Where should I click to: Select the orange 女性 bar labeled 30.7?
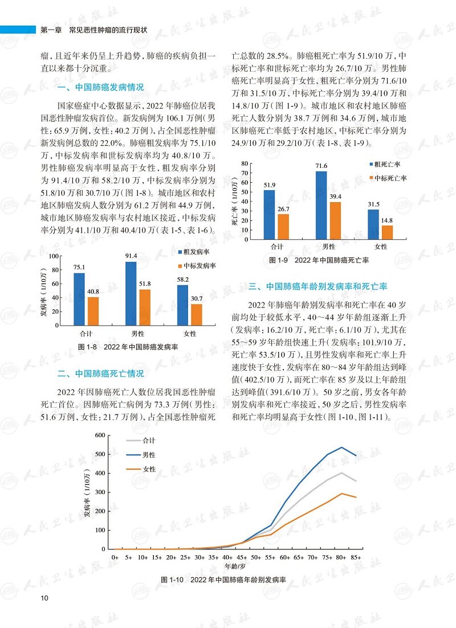click(196, 315)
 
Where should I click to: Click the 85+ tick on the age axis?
click(356, 557)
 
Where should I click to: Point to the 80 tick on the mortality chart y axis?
click(245, 163)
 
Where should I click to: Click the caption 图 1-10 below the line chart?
click(223, 580)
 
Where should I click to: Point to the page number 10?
click(44, 598)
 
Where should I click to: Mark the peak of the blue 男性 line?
click(341, 447)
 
